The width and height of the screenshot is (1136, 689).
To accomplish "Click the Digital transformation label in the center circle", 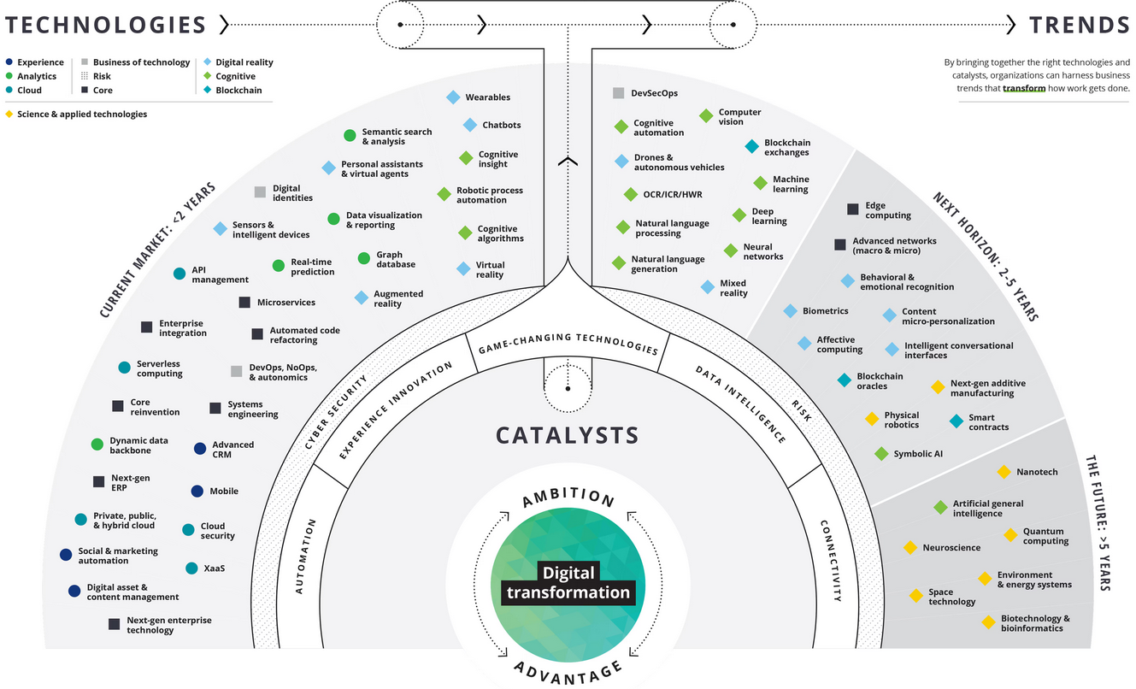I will [x=568, y=582].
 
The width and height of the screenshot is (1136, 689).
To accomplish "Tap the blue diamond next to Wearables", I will [x=453, y=97].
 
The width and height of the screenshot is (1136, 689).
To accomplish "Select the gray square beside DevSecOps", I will [x=618, y=93].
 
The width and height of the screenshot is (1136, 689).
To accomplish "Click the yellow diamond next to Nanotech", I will [x=1004, y=472].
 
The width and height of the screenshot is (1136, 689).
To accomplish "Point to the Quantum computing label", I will [x=1045, y=536].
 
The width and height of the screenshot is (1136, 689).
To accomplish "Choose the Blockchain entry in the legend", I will [x=238, y=90].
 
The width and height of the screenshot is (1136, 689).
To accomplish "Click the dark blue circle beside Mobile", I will [x=197, y=491].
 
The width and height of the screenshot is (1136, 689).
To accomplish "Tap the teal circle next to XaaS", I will [x=191, y=568].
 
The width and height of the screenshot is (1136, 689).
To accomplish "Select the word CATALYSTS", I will [x=568, y=435].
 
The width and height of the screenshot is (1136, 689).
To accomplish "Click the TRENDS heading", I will [x=1080, y=25].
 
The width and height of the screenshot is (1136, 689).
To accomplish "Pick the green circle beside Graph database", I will [x=363, y=256].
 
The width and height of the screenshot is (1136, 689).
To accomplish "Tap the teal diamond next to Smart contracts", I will [x=956, y=421].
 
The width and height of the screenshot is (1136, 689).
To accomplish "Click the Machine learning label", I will [x=791, y=185].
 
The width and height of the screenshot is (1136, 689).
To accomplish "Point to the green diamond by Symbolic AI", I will [x=881, y=454].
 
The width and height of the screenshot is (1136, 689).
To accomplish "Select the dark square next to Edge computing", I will [x=853, y=209].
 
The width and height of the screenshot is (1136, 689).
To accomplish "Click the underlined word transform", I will [x=1024, y=88].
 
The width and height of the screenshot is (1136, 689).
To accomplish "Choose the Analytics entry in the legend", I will [x=37, y=76].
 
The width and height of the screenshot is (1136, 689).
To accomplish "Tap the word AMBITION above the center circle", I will [x=568, y=498].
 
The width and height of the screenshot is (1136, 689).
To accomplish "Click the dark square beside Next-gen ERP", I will [x=99, y=481].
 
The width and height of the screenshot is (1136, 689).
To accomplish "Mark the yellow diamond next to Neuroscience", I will [x=910, y=547].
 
